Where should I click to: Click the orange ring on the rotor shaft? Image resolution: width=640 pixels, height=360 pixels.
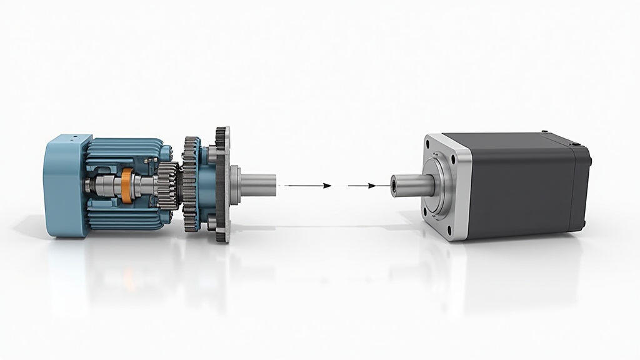tap(127, 186)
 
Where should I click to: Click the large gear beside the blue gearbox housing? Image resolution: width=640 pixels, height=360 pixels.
tap(190, 184)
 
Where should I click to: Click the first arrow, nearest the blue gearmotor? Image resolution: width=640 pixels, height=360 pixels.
tap(309, 186)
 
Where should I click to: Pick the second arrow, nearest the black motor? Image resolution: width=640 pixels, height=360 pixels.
tap(362, 186)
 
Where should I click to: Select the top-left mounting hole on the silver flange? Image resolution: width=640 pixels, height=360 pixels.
tap(428, 144)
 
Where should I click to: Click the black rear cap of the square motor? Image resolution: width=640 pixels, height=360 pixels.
tap(581, 187)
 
